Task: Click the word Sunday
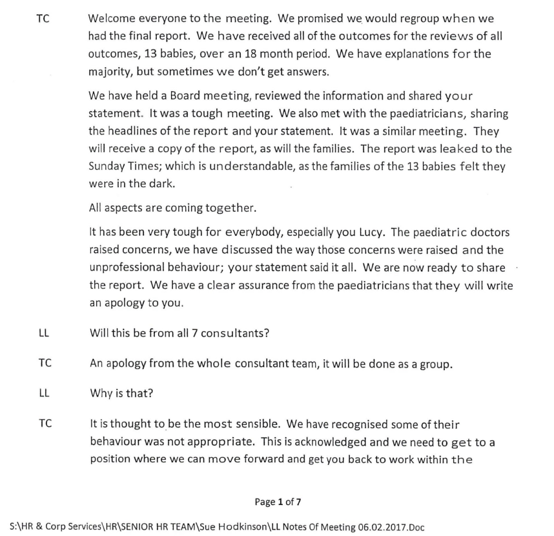pyautogui.click(x=106, y=165)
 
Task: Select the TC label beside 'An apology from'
pyautogui.click(x=44, y=363)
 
